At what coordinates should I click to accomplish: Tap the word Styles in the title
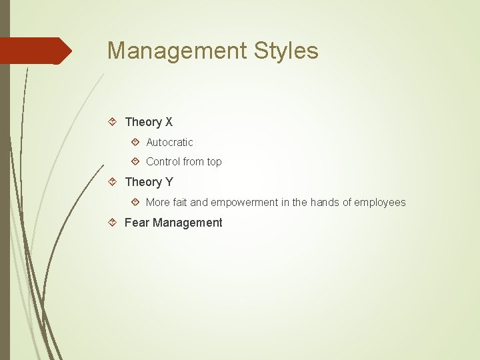tap(284, 51)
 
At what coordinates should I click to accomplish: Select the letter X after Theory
tap(169, 122)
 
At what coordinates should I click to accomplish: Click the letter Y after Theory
tap(169, 182)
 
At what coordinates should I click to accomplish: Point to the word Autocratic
tap(169, 142)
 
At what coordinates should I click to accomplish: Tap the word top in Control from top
tap(214, 161)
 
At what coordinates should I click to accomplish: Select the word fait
tap(177, 202)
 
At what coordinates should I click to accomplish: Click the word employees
tap(381, 202)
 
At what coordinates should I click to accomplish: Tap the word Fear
tap(137, 223)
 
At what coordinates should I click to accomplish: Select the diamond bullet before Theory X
tap(113, 122)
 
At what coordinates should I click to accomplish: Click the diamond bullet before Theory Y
tap(113, 182)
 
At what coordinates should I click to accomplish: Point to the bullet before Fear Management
tap(113, 223)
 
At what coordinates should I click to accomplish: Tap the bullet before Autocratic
tap(135, 142)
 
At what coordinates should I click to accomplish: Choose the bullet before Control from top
tap(135, 161)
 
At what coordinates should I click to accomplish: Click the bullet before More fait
tap(135, 202)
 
